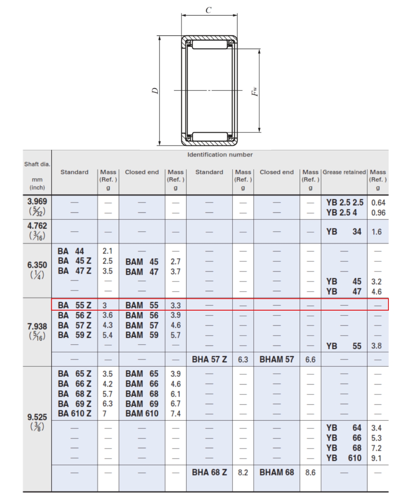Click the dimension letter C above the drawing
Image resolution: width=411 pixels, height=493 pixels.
pyautogui.click(x=208, y=10)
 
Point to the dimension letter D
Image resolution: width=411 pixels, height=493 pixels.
pyautogui.click(x=155, y=91)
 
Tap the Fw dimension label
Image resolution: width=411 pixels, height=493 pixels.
pyautogui.click(x=254, y=91)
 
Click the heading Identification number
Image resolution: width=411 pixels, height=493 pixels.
pyautogui.click(x=220, y=154)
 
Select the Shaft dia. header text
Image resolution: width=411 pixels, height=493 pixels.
pyautogui.click(x=37, y=164)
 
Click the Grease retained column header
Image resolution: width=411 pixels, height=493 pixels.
pyautogui.click(x=344, y=172)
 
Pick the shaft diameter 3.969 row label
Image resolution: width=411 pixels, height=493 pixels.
pyautogui.click(x=37, y=201)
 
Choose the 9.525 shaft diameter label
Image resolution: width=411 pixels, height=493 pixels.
pyautogui.click(x=37, y=417)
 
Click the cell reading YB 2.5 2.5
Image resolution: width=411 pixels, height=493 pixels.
pyautogui.click(x=345, y=203)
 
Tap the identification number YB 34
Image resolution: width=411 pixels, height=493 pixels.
pyautogui.click(x=344, y=232)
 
